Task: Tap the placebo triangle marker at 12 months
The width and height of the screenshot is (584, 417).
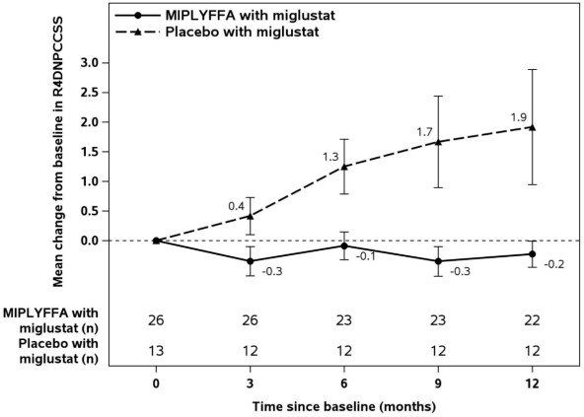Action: pos(533,127)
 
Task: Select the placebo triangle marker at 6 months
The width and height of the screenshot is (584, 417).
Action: pos(344,167)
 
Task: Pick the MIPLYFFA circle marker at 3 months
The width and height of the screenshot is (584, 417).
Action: pos(251,261)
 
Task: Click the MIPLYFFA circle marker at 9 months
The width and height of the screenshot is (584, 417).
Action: pos(439,261)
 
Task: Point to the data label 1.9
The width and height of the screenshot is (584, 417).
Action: pos(518,117)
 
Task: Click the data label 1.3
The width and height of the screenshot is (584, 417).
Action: pos(330,156)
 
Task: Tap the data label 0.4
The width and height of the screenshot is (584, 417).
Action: pos(236,205)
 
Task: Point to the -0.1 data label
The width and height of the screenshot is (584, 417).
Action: pos(365,256)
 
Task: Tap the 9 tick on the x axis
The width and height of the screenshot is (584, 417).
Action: pos(439,382)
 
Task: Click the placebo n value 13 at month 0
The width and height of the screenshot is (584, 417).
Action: pos(156,349)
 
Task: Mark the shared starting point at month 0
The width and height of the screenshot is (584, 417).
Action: pos(156,241)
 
